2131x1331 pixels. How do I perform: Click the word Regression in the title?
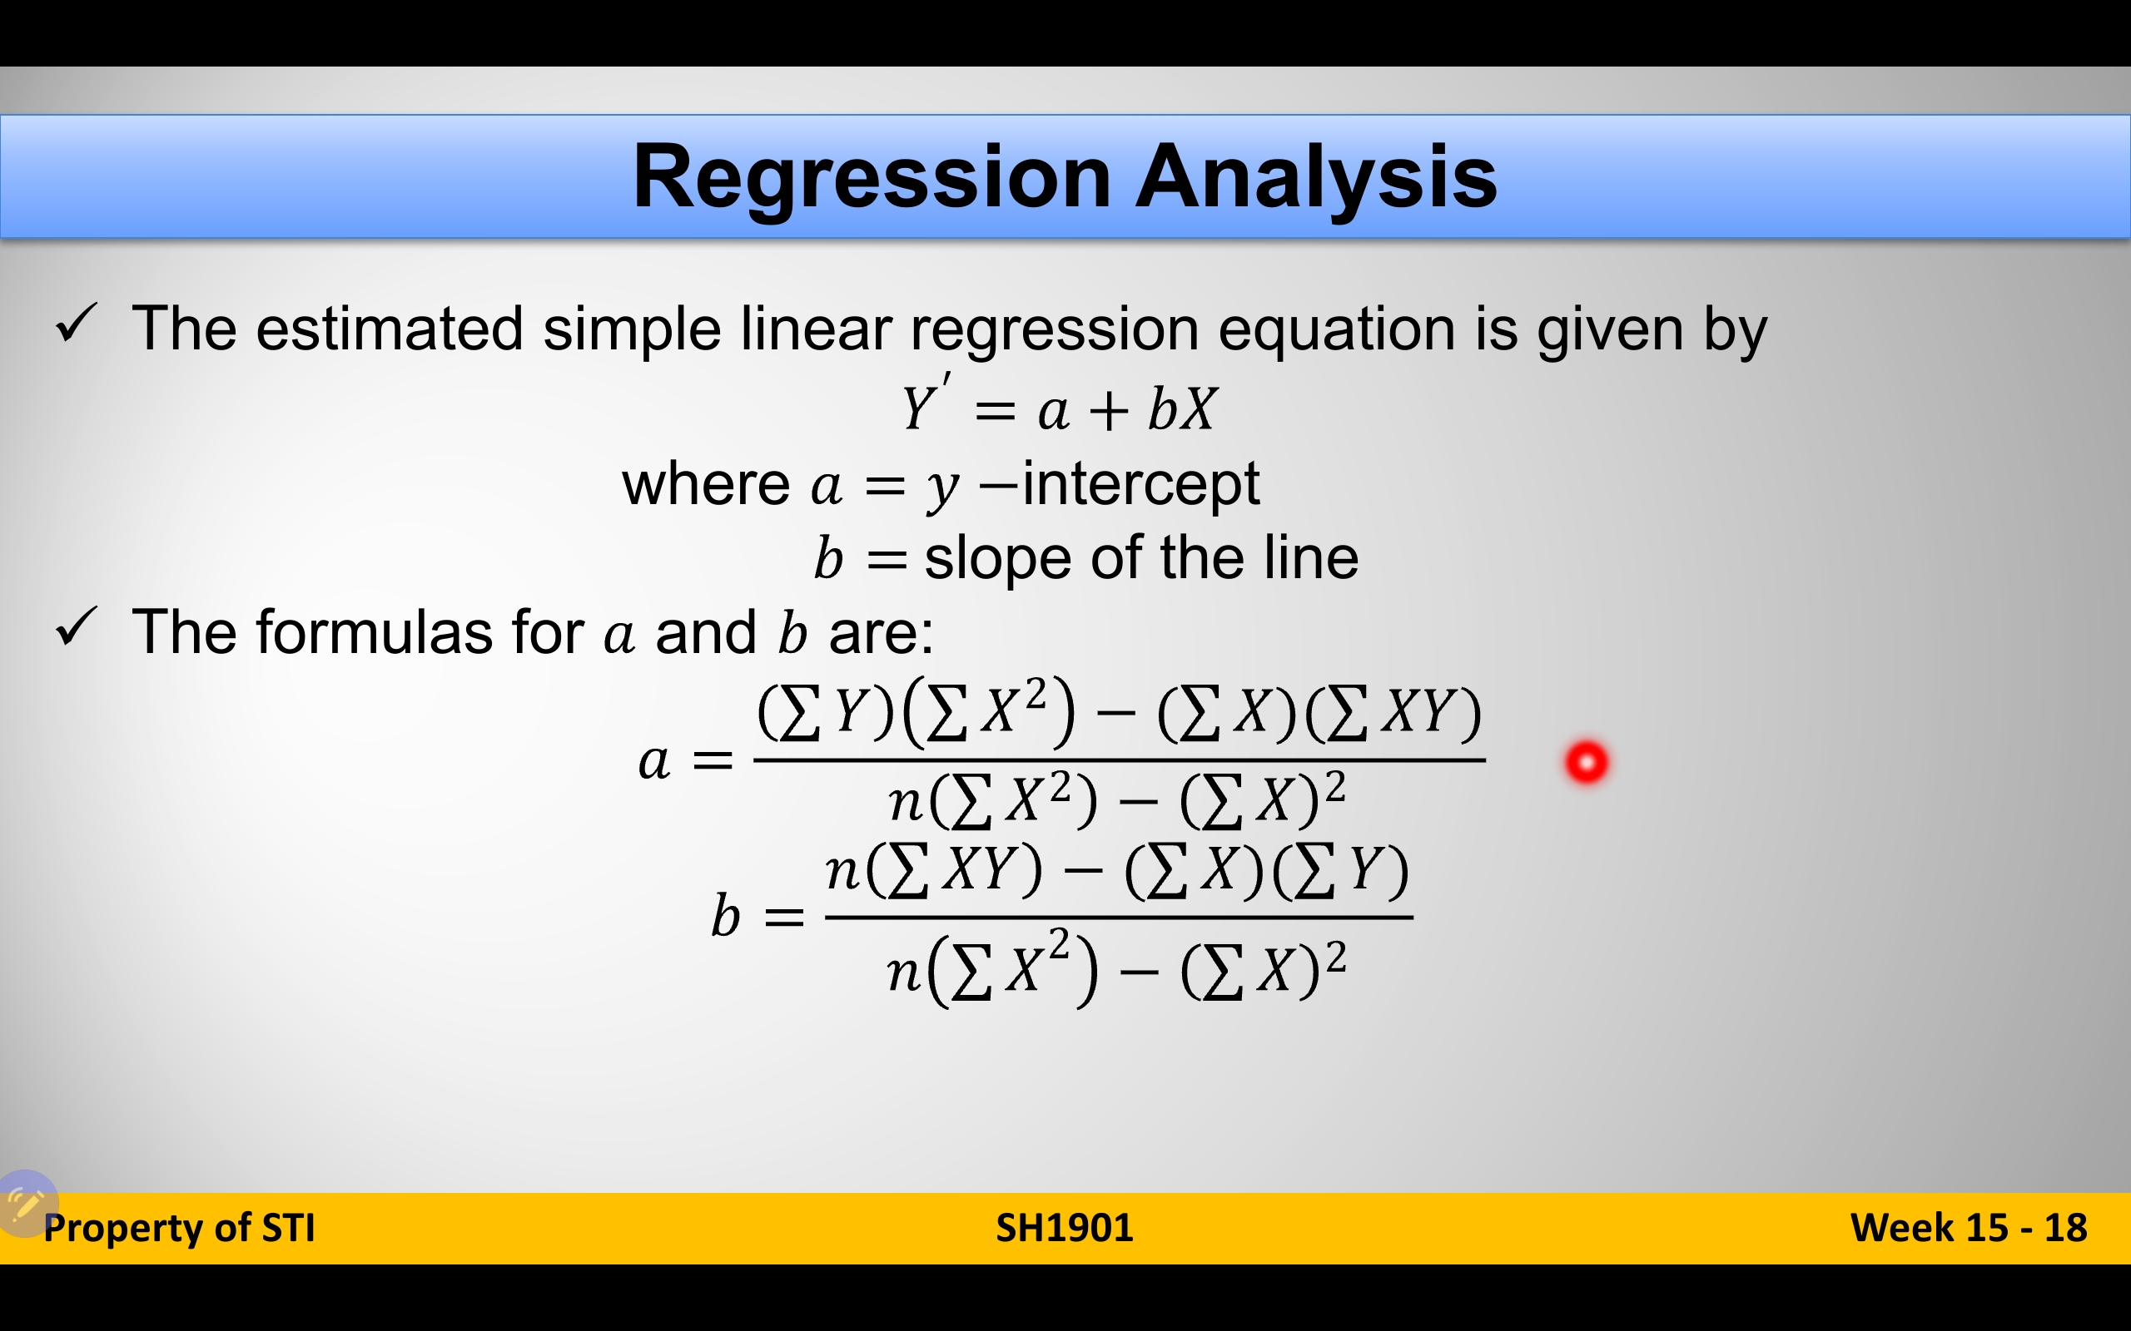(x=872, y=179)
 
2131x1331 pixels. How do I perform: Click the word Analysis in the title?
(x=1316, y=179)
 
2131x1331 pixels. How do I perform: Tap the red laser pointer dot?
(x=1587, y=762)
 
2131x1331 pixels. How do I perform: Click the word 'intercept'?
(x=1141, y=484)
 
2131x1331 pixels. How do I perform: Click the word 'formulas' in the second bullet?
(x=375, y=632)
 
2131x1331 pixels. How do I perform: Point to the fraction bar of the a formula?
(x=1120, y=760)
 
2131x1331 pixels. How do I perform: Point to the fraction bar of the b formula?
(x=1120, y=918)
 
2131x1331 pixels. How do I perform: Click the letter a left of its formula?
(x=653, y=762)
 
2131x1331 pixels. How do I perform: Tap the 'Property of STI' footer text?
(x=179, y=1228)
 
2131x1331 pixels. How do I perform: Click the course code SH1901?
(x=1065, y=1228)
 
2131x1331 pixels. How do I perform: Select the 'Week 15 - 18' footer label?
(x=1969, y=1228)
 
